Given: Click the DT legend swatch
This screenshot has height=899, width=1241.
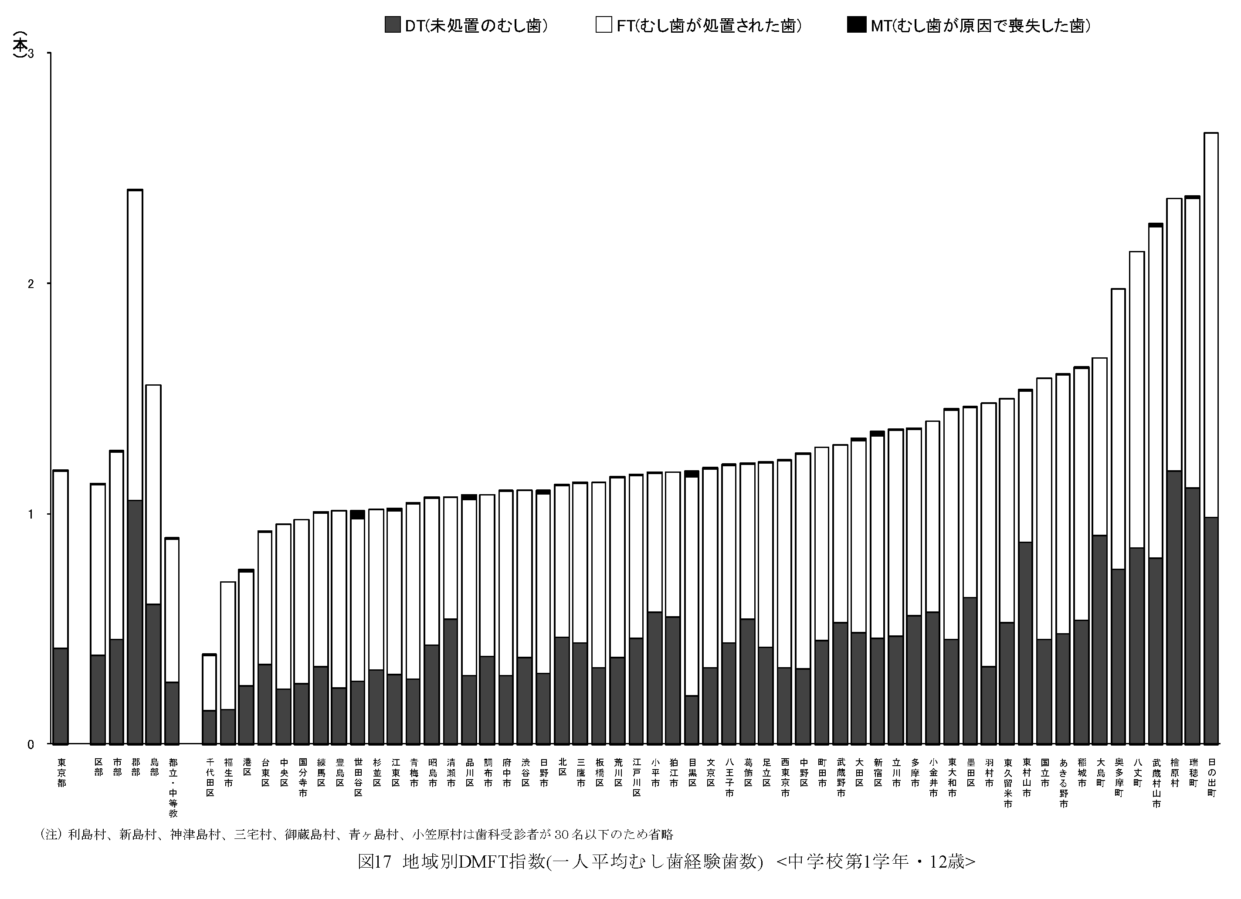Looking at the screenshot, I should [392, 25].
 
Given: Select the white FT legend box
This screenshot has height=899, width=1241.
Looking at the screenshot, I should [604, 25].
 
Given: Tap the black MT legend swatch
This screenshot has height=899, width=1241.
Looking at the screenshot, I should [856, 25].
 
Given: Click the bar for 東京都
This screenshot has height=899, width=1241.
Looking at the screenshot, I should [61, 607].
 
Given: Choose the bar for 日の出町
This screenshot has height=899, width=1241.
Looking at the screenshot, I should [1211, 438].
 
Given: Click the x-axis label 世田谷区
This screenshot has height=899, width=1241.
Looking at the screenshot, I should [358, 777].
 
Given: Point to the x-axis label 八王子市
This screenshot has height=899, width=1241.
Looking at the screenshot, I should [729, 777].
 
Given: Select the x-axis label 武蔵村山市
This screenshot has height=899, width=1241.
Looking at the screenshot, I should [1156, 783].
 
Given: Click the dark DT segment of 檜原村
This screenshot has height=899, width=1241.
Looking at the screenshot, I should [1174, 607].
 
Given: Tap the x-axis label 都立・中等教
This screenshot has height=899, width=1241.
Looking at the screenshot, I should [173, 787].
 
